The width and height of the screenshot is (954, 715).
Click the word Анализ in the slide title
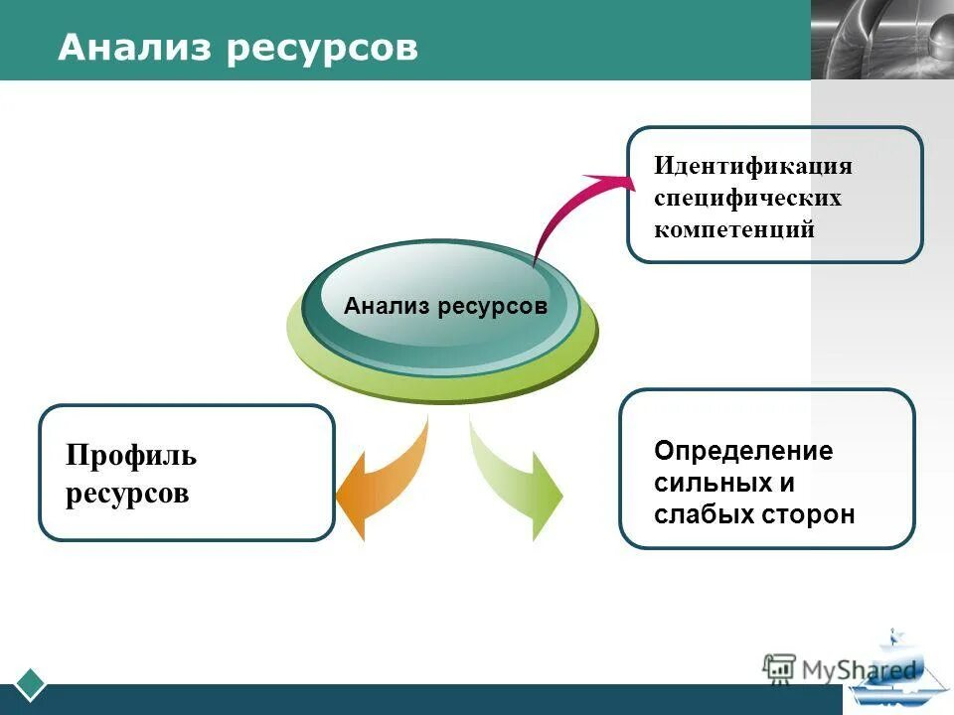[133, 47]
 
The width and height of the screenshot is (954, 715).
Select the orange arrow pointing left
[383, 482]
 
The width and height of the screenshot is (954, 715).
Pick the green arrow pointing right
[517, 482]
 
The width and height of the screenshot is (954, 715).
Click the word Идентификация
[752, 166]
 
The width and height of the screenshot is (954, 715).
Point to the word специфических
[747, 198]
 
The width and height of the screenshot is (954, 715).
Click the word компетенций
[733, 229]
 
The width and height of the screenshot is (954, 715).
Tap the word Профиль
[131, 457]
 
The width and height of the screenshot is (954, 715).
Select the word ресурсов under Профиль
[127, 494]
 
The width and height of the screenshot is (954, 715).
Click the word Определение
[743, 452]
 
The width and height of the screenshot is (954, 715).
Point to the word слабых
[696, 514]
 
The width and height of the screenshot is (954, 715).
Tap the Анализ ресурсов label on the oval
[445, 306]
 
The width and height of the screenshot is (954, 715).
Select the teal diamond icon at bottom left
[33, 684]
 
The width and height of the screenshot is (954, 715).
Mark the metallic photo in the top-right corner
[881, 39]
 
